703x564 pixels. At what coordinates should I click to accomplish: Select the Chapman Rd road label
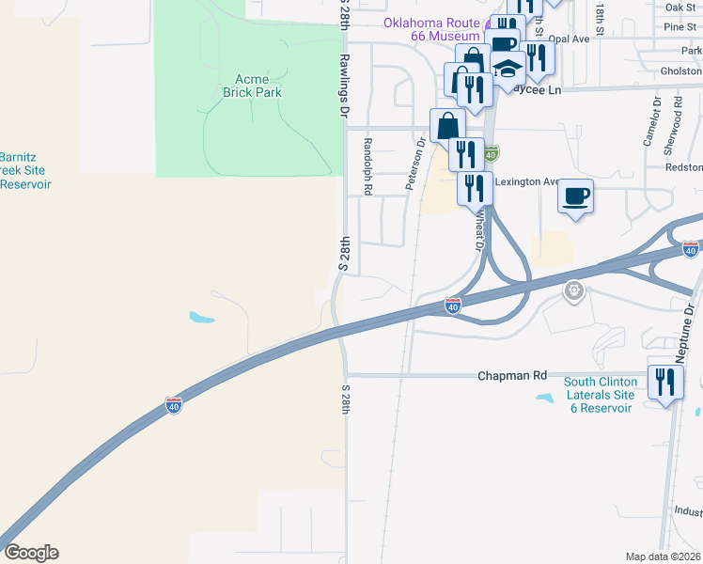512,375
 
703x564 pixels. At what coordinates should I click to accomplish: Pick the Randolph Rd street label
367,165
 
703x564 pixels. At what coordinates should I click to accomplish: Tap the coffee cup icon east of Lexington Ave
576,196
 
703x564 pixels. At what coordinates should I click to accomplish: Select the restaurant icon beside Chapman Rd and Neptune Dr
665,381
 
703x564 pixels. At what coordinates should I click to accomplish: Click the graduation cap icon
508,70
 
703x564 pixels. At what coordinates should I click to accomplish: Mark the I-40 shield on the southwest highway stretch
173,404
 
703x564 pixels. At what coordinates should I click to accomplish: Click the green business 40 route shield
491,151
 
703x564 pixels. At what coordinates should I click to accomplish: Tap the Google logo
31,553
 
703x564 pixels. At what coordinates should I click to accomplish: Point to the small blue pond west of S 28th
200,317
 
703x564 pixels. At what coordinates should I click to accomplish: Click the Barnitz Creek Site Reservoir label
24,171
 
